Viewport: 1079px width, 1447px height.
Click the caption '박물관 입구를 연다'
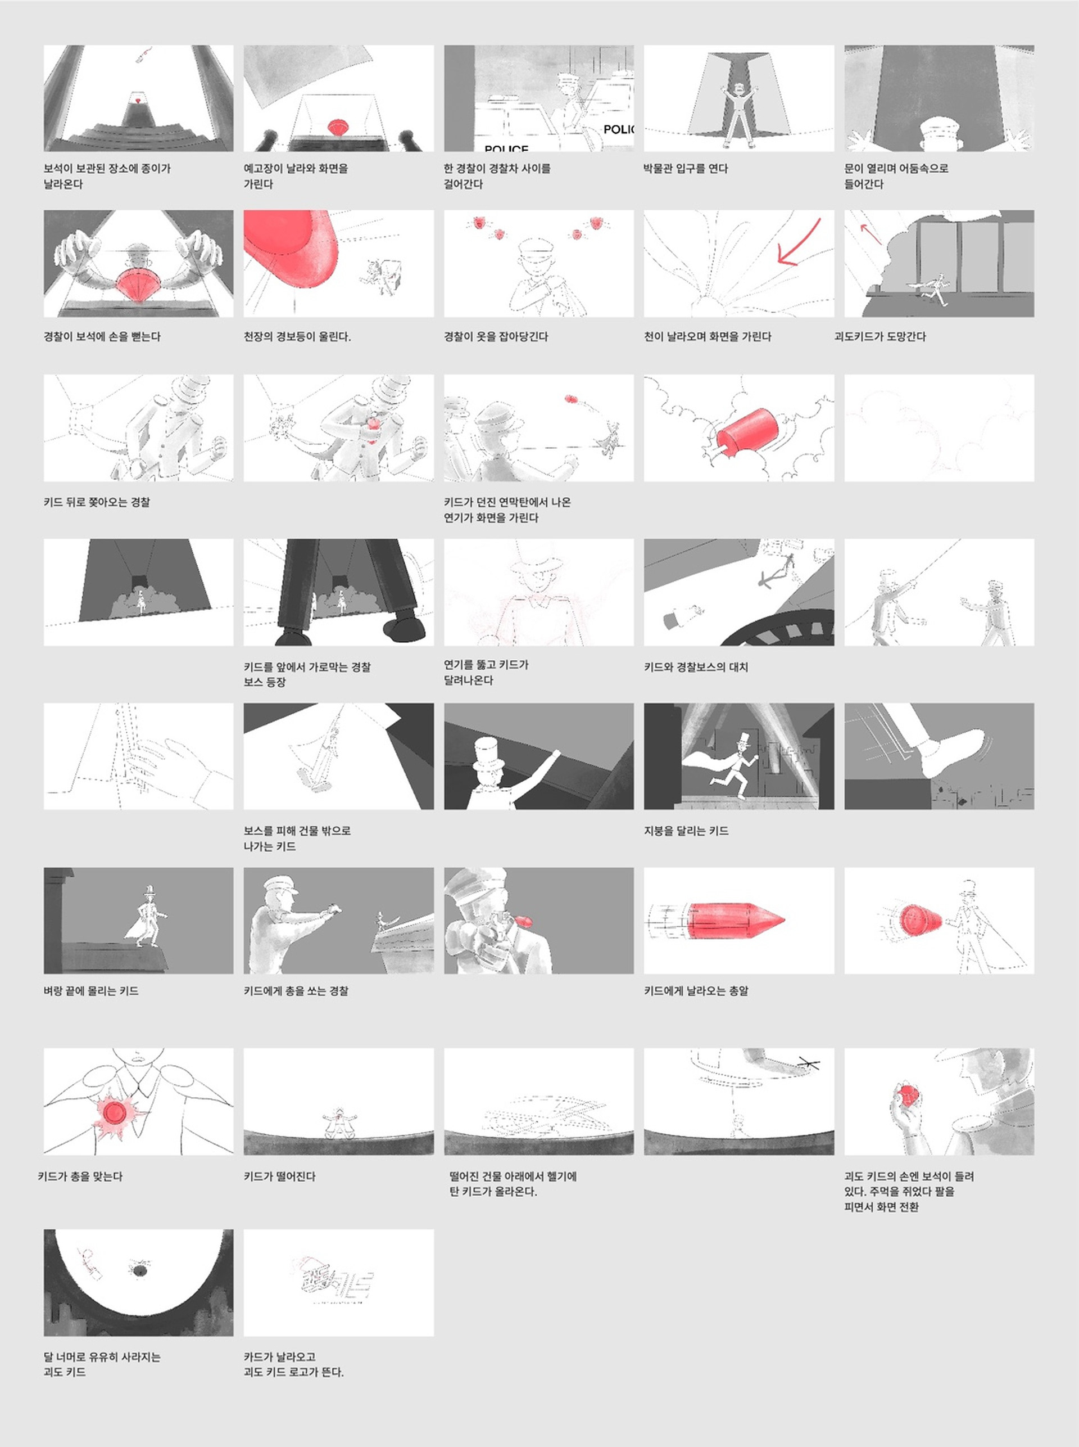686,169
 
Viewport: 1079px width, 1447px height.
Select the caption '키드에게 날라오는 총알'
696,991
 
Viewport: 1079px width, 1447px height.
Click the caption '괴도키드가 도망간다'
880,337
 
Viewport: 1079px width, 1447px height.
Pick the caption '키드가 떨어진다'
279,1176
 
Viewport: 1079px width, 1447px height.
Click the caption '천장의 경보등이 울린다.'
297,337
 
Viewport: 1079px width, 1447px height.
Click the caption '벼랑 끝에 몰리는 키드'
92,991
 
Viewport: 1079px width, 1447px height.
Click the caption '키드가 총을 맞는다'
80,1176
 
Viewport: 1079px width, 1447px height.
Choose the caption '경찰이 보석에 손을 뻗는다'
102,337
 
